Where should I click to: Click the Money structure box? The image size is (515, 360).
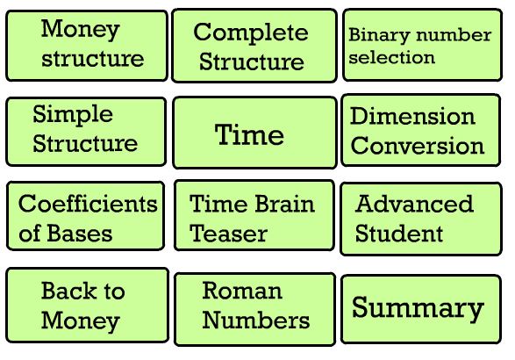click(x=87, y=46)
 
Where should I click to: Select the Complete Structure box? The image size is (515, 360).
click(x=254, y=46)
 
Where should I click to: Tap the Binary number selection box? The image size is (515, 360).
click(x=422, y=45)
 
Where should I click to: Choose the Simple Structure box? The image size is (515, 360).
click(x=86, y=132)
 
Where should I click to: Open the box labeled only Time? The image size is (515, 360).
click(x=255, y=133)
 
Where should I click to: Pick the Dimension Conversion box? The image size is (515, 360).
click(x=421, y=130)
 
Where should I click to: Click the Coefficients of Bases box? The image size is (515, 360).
click(x=85, y=216)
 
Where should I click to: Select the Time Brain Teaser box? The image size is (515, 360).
click(x=254, y=215)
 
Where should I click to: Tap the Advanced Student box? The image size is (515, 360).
click(x=421, y=219)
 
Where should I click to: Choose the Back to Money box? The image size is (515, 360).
click(x=88, y=306)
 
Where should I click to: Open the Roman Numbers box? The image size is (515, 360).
click(x=255, y=309)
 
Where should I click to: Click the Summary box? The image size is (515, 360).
click(x=421, y=309)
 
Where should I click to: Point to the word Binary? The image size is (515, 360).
click(x=379, y=35)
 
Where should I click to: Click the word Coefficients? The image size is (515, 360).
click(x=88, y=204)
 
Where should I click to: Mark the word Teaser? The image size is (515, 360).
click(x=229, y=234)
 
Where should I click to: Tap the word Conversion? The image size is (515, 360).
click(x=418, y=145)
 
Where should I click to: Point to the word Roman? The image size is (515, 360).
click(x=242, y=291)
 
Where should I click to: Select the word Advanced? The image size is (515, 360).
click(x=414, y=204)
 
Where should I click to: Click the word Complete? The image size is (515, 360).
click(x=251, y=32)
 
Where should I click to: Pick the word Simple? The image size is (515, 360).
click(x=73, y=115)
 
